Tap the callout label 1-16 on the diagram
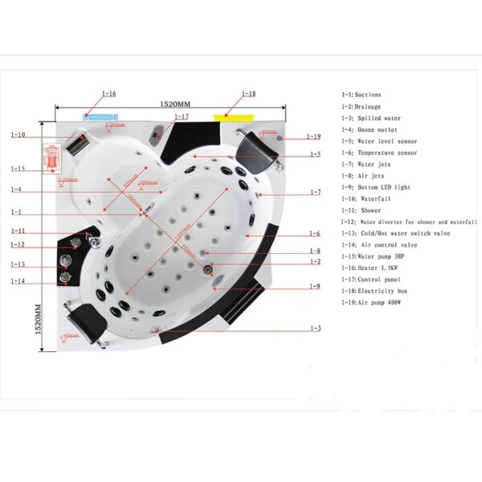coord(108,93)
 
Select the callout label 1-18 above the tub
coord(248,93)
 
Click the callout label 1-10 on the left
coord(18,134)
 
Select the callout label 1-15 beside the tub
coord(18,169)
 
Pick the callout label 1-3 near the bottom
coord(316,329)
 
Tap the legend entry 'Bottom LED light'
coord(374,187)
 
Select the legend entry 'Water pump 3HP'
coord(371,256)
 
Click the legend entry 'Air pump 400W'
coord(370,302)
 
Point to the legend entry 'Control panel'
coord(370,279)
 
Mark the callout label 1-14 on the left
coord(18,280)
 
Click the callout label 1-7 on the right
coord(316,193)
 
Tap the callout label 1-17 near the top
coord(182,116)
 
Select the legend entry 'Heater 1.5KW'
coord(368,268)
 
